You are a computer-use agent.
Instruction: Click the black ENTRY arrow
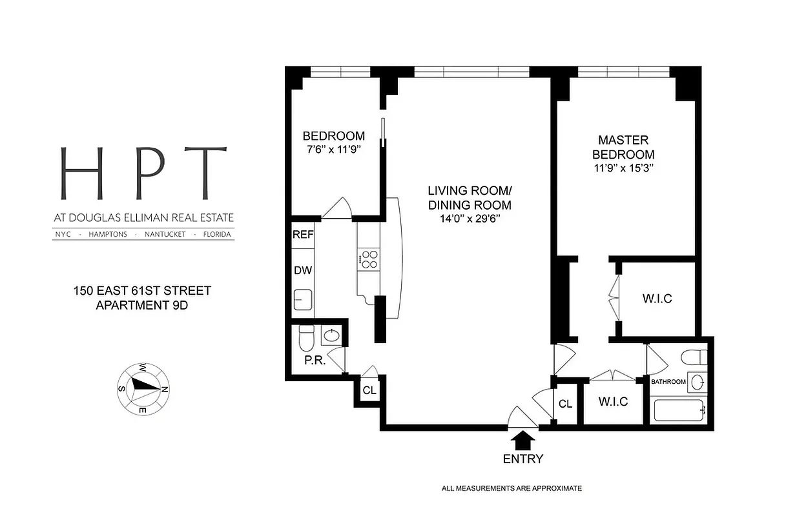coord(523,441)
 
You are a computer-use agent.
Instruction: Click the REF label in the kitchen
coord(303,235)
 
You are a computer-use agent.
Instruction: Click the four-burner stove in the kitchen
coord(369,259)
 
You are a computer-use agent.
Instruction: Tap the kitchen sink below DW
coord(302,300)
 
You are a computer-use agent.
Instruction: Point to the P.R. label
coord(315,361)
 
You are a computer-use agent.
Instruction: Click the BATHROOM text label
coord(668,382)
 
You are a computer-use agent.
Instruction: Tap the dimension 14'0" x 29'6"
coord(470,219)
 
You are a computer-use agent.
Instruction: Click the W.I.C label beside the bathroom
coord(614,402)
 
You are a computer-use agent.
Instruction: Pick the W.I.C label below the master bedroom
coord(657,299)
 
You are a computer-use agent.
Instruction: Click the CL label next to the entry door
coord(566,404)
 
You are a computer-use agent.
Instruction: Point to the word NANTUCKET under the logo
coord(165,235)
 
